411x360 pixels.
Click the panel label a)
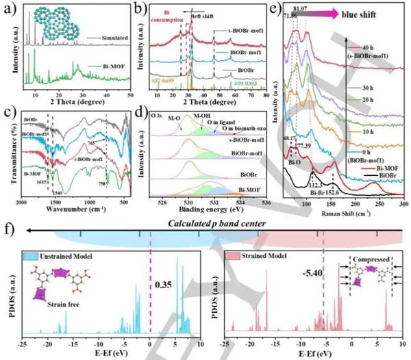click(10, 9)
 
